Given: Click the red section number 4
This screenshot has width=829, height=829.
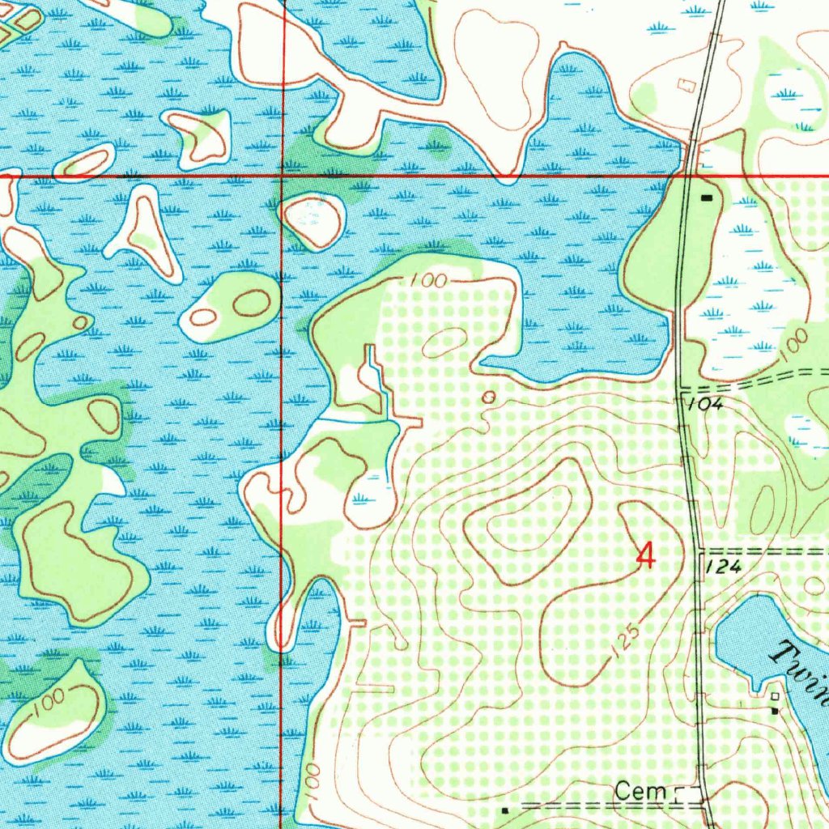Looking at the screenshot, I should point(645,556).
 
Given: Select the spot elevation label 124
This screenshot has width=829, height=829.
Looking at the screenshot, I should point(723,568).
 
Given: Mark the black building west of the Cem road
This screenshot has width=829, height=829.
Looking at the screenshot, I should point(504,810).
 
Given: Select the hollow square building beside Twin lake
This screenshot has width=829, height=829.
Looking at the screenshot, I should point(775,696).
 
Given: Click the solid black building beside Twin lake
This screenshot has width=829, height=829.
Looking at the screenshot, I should point(775,711).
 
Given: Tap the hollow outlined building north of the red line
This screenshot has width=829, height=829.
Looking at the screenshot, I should point(687,84).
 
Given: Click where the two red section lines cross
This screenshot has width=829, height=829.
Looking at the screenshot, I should point(281,173).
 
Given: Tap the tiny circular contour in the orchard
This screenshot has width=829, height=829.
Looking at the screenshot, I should point(488,397).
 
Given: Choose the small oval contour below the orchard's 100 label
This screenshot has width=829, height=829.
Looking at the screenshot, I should point(444,342).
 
